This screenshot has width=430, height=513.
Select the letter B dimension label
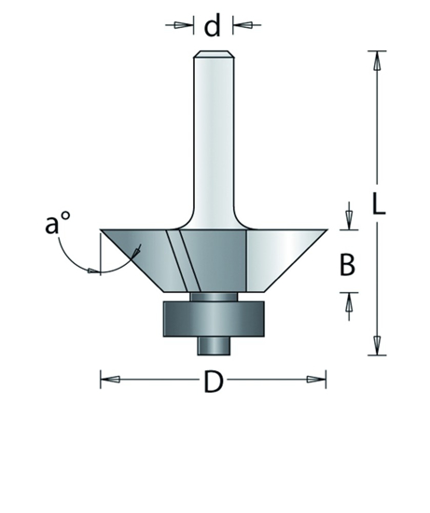pos(347,266)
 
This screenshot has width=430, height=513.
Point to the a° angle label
pos(58,226)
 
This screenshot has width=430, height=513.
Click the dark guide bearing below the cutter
pos(215,318)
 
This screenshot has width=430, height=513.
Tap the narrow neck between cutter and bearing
pos(215,296)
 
